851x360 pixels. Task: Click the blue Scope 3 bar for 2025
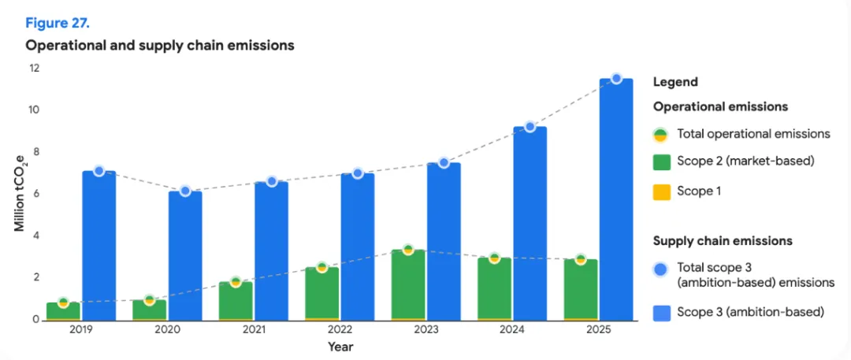pos(616,199)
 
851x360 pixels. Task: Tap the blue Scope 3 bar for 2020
pos(185,256)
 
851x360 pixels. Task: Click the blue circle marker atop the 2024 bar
pos(530,127)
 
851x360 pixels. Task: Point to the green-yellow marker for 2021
pos(236,282)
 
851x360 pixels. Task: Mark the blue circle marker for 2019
pos(98,171)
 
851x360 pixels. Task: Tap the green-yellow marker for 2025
pos(581,259)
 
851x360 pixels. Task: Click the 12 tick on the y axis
pos(35,69)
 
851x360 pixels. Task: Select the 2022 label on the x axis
pos(340,329)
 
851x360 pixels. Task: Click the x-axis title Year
pos(340,346)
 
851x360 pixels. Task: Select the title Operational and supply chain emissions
pos(160,46)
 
